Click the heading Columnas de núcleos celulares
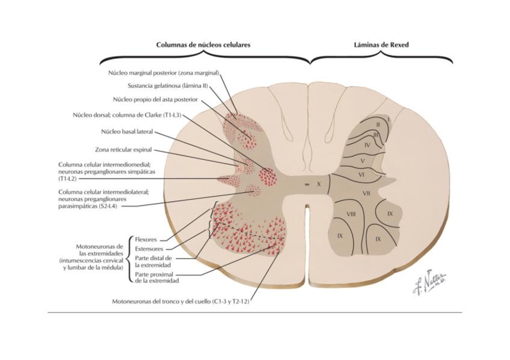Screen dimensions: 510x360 (x=203, y=45)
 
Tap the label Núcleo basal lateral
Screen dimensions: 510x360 (x=127, y=131)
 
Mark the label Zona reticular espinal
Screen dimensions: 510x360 (x=123, y=150)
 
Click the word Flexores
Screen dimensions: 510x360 (x=146, y=239)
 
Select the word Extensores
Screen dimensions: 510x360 (x=149, y=248)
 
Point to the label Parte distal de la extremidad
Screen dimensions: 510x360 (x=153, y=261)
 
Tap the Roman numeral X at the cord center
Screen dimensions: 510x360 (x=319, y=185)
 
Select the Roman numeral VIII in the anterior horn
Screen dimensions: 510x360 (x=352, y=213)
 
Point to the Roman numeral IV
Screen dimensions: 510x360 (x=367, y=145)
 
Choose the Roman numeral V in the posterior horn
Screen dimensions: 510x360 (x=363, y=160)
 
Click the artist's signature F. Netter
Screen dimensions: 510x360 (x=429, y=282)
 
